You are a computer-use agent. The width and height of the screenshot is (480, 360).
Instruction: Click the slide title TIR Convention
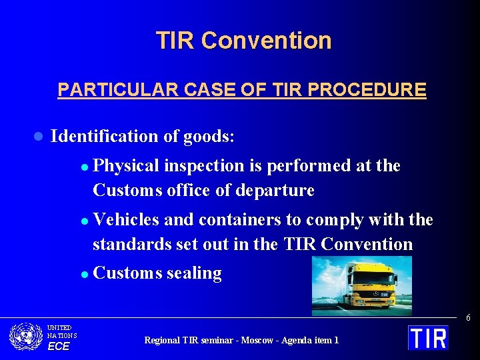[243, 41]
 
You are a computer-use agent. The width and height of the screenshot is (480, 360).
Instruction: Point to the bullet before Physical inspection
[84, 167]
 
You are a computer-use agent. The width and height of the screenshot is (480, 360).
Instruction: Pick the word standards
[131, 245]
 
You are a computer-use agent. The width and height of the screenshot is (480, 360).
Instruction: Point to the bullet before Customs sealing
[84, 274]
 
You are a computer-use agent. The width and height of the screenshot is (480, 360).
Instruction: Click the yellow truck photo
[361, 285]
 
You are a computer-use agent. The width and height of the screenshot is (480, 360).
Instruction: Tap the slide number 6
[468, 318]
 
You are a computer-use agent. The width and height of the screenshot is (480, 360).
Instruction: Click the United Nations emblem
[26, 337]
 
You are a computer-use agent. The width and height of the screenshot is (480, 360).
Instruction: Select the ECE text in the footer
[58, 346]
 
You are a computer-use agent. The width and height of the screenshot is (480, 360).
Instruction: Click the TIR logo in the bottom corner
[428, 337]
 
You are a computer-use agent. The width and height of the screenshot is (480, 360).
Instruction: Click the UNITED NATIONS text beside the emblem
[61, 332]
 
